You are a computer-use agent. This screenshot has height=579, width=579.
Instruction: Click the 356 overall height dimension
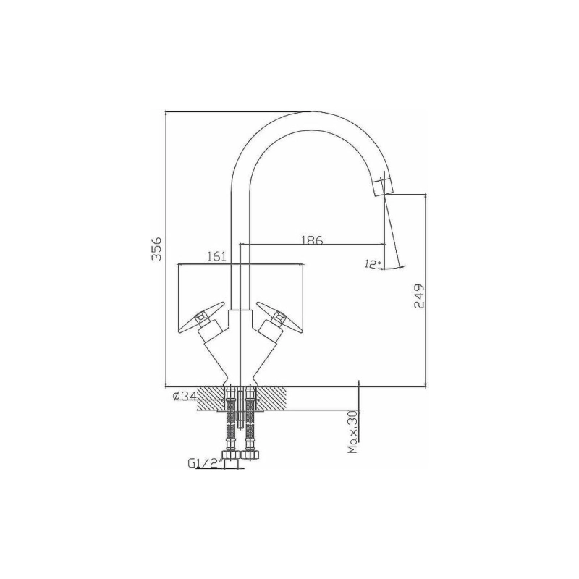[x=157, y=248]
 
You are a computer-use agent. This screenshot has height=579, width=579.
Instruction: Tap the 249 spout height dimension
[x=420, y=296]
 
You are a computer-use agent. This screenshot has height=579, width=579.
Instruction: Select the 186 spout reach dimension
[x=312, y=240]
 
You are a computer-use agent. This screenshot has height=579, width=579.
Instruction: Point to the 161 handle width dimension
[x=216, y=257]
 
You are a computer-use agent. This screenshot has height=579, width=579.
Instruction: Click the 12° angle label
[x=373, y=264]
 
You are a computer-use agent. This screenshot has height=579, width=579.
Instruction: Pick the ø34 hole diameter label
[x=185, y=397]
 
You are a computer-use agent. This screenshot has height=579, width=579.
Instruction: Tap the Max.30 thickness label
[x=353, y=431]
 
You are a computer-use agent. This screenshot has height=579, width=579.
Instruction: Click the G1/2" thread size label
[x=204, y=463]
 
